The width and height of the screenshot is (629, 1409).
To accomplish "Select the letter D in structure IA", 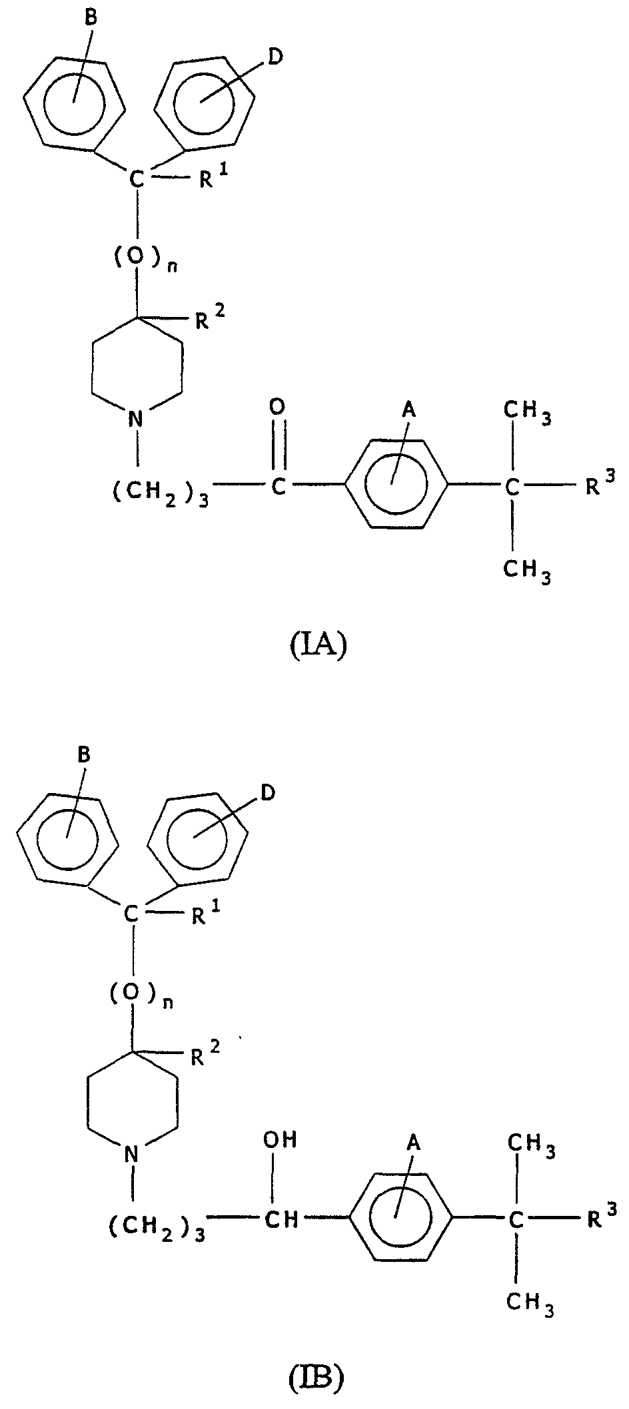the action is (x=275, y=57).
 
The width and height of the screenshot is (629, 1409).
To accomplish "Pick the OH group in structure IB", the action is (x=280, y=1139).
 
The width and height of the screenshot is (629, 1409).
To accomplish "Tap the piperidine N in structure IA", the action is (x=136, y=419).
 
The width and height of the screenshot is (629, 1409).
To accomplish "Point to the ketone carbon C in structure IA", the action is (x=279, y=487).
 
